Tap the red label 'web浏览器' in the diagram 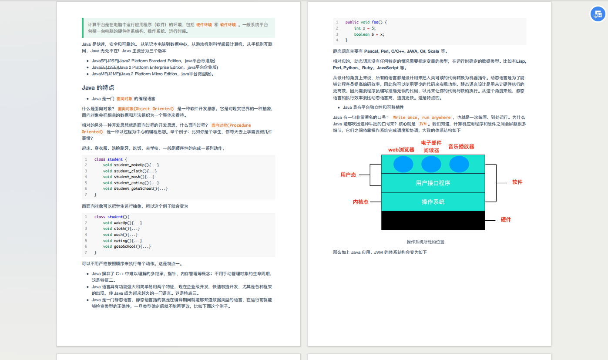401,150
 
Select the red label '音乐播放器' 461,147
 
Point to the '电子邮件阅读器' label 431,147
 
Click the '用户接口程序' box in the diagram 433,183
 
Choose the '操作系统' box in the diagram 433,202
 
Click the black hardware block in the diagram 433,220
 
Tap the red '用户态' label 348,175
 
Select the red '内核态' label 360,202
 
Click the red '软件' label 517,182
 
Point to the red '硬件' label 506,220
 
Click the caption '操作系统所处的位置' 425,242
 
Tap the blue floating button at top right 598,14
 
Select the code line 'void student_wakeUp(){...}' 131,165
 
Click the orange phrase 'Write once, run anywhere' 422,118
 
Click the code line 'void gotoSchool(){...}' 127,246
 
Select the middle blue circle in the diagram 431,164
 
